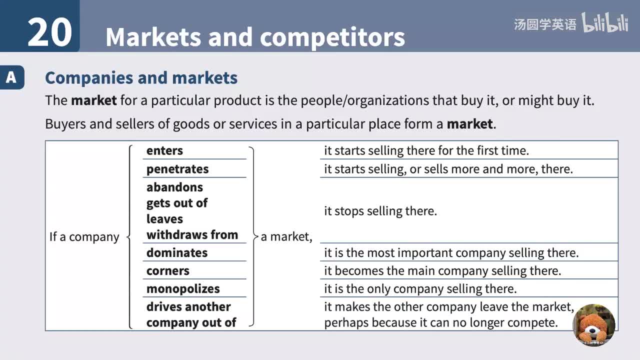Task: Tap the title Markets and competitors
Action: (x=255, y=37)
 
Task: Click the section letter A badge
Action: (x=11, y=78)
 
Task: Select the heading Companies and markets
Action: (x=141, y=78)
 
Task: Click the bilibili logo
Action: (x=604, y=23)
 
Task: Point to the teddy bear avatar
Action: (x=593, y=325)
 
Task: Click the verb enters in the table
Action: (x=164, y=150)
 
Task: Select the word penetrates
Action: (x=177, y=169)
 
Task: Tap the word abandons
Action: (x=174, y=187)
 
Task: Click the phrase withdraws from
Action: (x=192, y=234)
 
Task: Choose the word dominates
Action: (x=176, y=252)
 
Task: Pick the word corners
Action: (x=167, y=270)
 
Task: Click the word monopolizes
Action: (x=183, y=288)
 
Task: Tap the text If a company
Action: (x=84, y=236)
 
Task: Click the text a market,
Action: (x=286, y=236)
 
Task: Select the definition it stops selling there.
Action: (x=380, y=211)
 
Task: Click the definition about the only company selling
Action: (x=420, y=288)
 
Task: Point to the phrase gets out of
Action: (x=176, y=203)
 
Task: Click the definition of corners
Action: (x=442, y=270)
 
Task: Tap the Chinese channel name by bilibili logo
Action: (x=544, y=24)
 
